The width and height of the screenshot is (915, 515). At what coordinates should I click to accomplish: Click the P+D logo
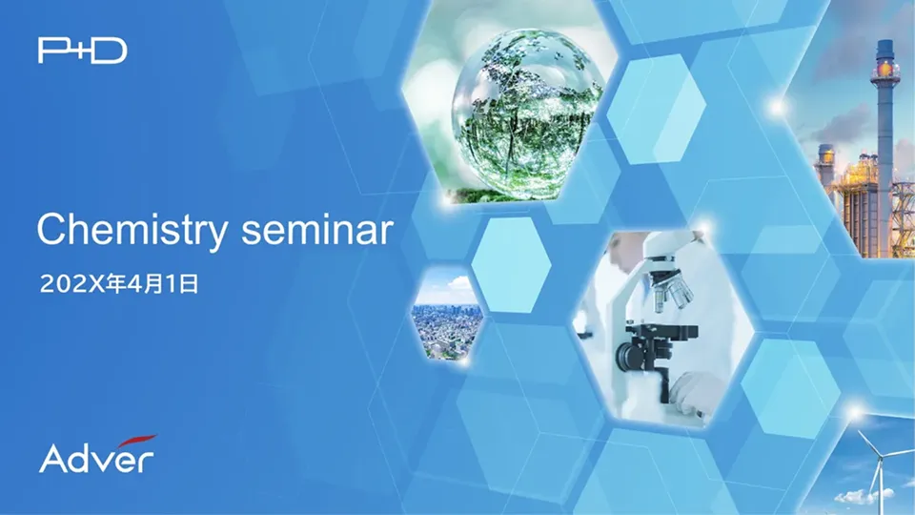click(x=82, y=51)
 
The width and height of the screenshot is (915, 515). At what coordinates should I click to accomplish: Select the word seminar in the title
click(x=317, y=230)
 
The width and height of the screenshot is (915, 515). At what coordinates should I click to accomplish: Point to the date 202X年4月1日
click(x=119, y=284)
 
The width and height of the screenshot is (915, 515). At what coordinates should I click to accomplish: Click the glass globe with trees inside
click(x=527, y=111)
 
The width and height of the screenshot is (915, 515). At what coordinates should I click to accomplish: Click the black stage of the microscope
click(x=661, y=332)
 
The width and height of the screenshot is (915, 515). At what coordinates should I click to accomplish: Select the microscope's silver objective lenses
click(x=671, y=292)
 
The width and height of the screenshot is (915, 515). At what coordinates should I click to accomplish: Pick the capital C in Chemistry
click(x=51, y=229)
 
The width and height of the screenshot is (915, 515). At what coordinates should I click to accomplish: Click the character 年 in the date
click(x=116, y=284)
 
